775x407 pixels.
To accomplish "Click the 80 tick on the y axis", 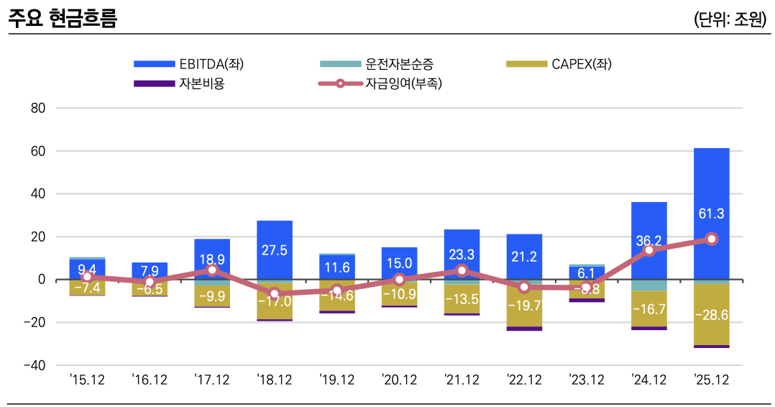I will [37, 109].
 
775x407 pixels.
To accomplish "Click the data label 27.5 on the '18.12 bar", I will [275, 250].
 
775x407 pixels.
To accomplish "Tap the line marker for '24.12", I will [649, 250].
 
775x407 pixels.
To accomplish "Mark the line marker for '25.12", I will [712, 239].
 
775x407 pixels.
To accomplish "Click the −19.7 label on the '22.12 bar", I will [524, 306].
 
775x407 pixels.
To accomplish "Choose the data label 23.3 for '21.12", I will [462, 253].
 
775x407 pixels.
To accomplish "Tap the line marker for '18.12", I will [275, 293].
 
